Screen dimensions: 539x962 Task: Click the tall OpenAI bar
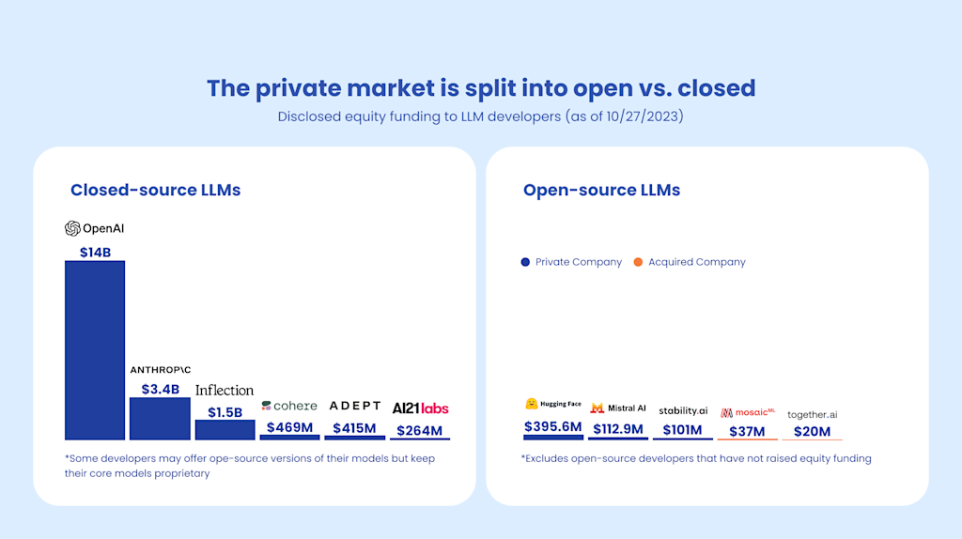coord(95,349)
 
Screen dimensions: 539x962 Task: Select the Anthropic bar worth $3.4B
coord(160,419)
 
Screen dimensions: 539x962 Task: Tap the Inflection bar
coord(225,429)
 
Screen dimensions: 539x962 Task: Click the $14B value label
coord(95,252)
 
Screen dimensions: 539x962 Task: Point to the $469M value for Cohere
coord(289,427)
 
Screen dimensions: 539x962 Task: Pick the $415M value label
coord(354,428)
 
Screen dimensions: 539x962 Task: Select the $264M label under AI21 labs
coord(420,430)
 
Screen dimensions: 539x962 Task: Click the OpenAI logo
coord(95,228)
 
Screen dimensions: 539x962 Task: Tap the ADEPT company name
coord(355,406)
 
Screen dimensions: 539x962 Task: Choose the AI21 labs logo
coord(420,408)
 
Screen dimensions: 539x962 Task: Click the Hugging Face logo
coord(553,404)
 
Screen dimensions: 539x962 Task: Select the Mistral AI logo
coord(618,408)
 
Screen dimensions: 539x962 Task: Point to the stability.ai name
coord(683,410)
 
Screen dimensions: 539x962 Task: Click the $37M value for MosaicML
coord(747,432)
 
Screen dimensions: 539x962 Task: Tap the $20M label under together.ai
coord(812,432)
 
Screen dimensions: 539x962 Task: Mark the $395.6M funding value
coord(553,427)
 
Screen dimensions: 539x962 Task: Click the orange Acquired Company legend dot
coord(638,262)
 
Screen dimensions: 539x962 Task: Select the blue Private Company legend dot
coord(525,262)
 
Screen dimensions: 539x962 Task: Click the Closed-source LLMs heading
coord(155,190)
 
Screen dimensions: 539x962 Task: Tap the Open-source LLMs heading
coord(601,190)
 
